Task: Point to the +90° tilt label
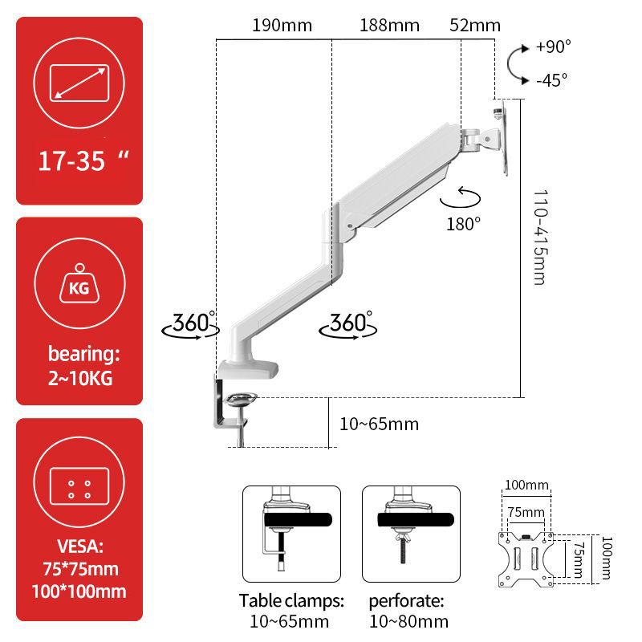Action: tap(554, 47)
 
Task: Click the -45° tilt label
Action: tap(552, 79)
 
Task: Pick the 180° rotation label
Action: tap(464, 222)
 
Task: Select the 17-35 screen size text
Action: tap(72, 161)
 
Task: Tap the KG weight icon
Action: tap(79, 285)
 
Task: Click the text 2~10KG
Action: tap(79, 376)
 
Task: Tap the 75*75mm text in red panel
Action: tap(79, 570)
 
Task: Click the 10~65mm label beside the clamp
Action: tap(379, 424)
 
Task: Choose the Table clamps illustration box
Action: tap(291, 533)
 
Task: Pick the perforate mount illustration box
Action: tap(410, 533)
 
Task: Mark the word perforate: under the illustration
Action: tap(406, 600)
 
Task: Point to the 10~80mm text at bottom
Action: tap(408, 621)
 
